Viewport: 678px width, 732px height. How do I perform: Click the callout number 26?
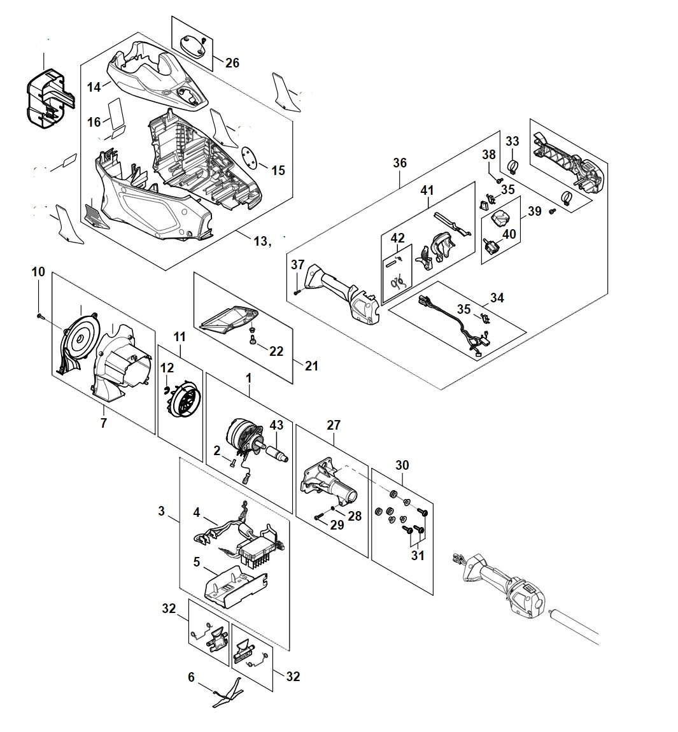click(232, 62)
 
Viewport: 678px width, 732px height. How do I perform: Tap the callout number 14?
click(94, 87)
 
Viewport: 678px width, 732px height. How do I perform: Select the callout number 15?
click(278, 171)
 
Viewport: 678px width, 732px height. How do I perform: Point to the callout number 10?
click(38, 272)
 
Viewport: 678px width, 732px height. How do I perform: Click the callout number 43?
click(277, 425)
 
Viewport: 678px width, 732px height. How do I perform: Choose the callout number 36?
click(399, 163)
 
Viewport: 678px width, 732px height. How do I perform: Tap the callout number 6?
click(191, 678)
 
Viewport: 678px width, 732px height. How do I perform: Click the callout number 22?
click(276, 351)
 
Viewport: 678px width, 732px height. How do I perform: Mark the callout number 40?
click(509, 234)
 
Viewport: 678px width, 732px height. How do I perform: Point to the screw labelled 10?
click(39, 315)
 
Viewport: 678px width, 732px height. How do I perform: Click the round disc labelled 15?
click(252, 157)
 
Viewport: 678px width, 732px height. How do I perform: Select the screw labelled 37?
click(297, 292)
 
